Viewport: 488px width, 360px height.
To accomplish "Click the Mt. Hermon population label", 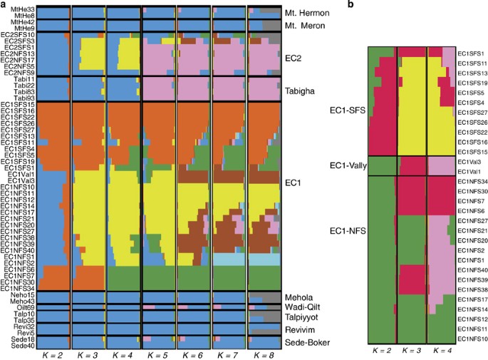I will (309, 14).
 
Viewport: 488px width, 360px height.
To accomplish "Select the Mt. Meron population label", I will (307, 26).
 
